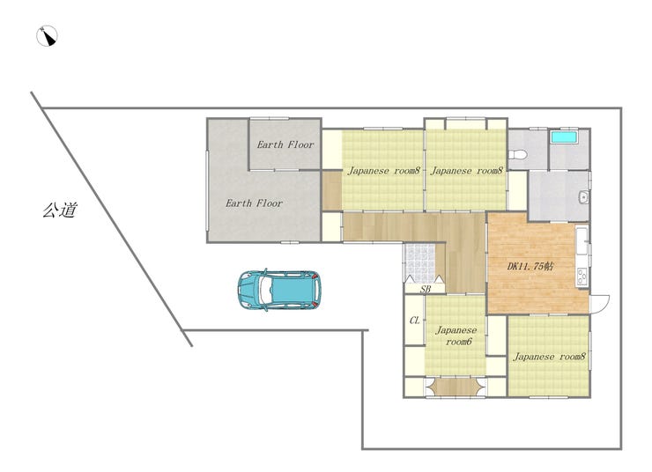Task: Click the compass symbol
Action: click(x=47, y=36)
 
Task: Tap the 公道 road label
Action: click(x=60, y=210)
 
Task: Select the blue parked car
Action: click(x=279, y=290)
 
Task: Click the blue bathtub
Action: click(x=564, y=137)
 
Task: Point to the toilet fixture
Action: click(x=518, y=154)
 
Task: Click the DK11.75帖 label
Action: click(x=530, y=266)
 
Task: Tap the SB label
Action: click(x=425, y=289)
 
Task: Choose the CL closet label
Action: click(x=415, y=321)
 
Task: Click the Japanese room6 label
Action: click(x=456, y=336)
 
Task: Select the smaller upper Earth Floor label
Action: click(x=285, y=144)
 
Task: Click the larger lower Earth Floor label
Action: click(x=254, y=203)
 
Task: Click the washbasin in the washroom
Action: click(x=583, y=197)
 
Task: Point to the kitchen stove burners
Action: click(x=582, y=277)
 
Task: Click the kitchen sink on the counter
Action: click(x=582, y=240)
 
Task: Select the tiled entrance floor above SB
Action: click(x=419, y=263)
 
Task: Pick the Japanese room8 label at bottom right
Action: click(x=549, y=357)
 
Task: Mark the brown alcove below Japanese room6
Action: click(x=456, y=387)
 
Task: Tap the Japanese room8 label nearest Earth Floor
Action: click(x=384, y=170)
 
